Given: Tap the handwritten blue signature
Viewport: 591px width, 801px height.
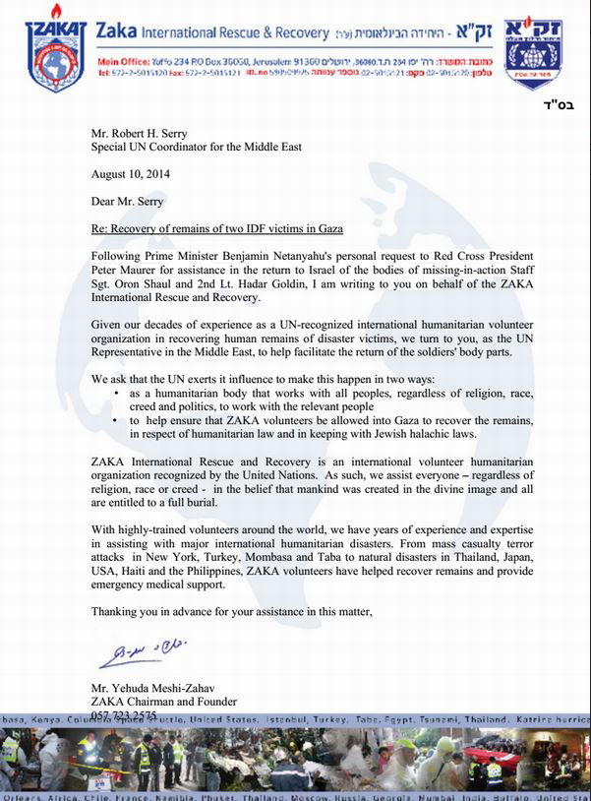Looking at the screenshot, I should tap(141, 653).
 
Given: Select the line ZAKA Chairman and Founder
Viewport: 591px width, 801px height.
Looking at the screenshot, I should tap(162, 702).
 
